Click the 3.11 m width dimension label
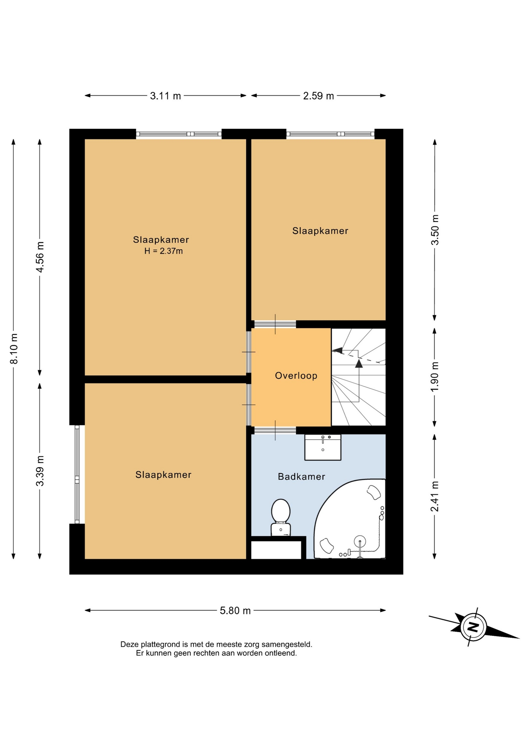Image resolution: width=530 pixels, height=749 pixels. click(x=165, y=96)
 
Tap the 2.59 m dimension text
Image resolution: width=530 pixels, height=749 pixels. click(x=318, y=96)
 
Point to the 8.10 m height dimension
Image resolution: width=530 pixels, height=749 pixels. click(x=14, y=349)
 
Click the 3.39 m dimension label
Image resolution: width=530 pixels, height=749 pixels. click(x=40, y=471)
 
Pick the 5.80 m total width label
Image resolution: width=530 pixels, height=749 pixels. click(x=235, y=611)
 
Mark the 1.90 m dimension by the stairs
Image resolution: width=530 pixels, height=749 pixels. click(x=435, y=377)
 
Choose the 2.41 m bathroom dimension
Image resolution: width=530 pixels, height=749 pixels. click(x=435, y=496)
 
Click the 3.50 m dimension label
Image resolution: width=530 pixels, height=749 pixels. click(x=435, y=230)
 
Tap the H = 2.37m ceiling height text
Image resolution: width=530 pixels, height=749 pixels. click(x=164, y=251)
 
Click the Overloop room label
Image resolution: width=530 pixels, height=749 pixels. click(x=296, y=376)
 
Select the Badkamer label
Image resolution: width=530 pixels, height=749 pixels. click(x=301, y=476)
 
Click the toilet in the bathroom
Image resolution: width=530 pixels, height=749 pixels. click(x=281, y=517)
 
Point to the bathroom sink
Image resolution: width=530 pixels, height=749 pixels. click(x=323, y=447)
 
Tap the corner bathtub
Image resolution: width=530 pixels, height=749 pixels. click(x=350, y=519)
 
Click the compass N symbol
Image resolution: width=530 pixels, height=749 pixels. click(x=473, y=627)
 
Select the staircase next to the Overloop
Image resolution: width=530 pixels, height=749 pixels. click(x=359, y=377)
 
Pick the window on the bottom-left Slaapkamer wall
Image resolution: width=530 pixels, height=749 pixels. click(x=77, y=474)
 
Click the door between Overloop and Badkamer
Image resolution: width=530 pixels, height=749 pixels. click(x=275, y=430)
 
